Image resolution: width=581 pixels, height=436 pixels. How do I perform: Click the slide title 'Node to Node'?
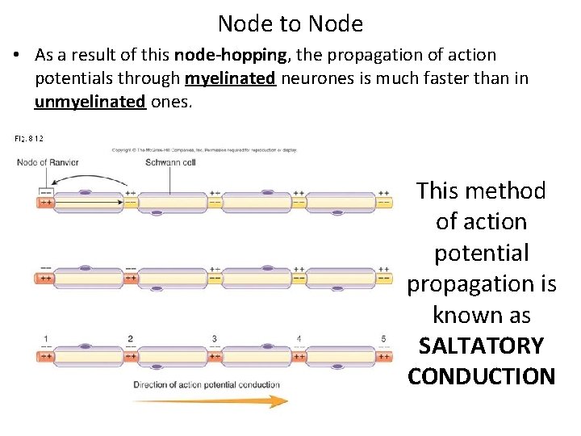(290, 23)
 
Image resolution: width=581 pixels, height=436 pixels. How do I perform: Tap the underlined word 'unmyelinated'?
(90, 102)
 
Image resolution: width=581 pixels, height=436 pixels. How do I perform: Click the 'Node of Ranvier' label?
(48, 162)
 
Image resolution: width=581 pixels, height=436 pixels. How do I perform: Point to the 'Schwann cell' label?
(169, 162)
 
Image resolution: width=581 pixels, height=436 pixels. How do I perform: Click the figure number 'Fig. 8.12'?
(29, 139)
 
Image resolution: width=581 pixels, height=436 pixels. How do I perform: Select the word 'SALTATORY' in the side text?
(481, 346)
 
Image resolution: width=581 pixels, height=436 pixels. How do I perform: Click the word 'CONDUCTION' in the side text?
(481, 376)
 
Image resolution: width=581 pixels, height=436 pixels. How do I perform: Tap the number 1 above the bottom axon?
(46, 339)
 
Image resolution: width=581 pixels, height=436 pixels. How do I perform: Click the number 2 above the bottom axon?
(130, 339)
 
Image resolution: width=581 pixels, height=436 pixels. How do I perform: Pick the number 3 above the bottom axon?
(214, 339)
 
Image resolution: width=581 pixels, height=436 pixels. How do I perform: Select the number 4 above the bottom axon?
(299, 339)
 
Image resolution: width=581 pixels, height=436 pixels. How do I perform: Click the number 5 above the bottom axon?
(383, 339)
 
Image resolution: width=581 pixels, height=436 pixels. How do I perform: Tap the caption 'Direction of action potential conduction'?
(207, 384)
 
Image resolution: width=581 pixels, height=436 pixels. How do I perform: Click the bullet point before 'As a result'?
(16, 56)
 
